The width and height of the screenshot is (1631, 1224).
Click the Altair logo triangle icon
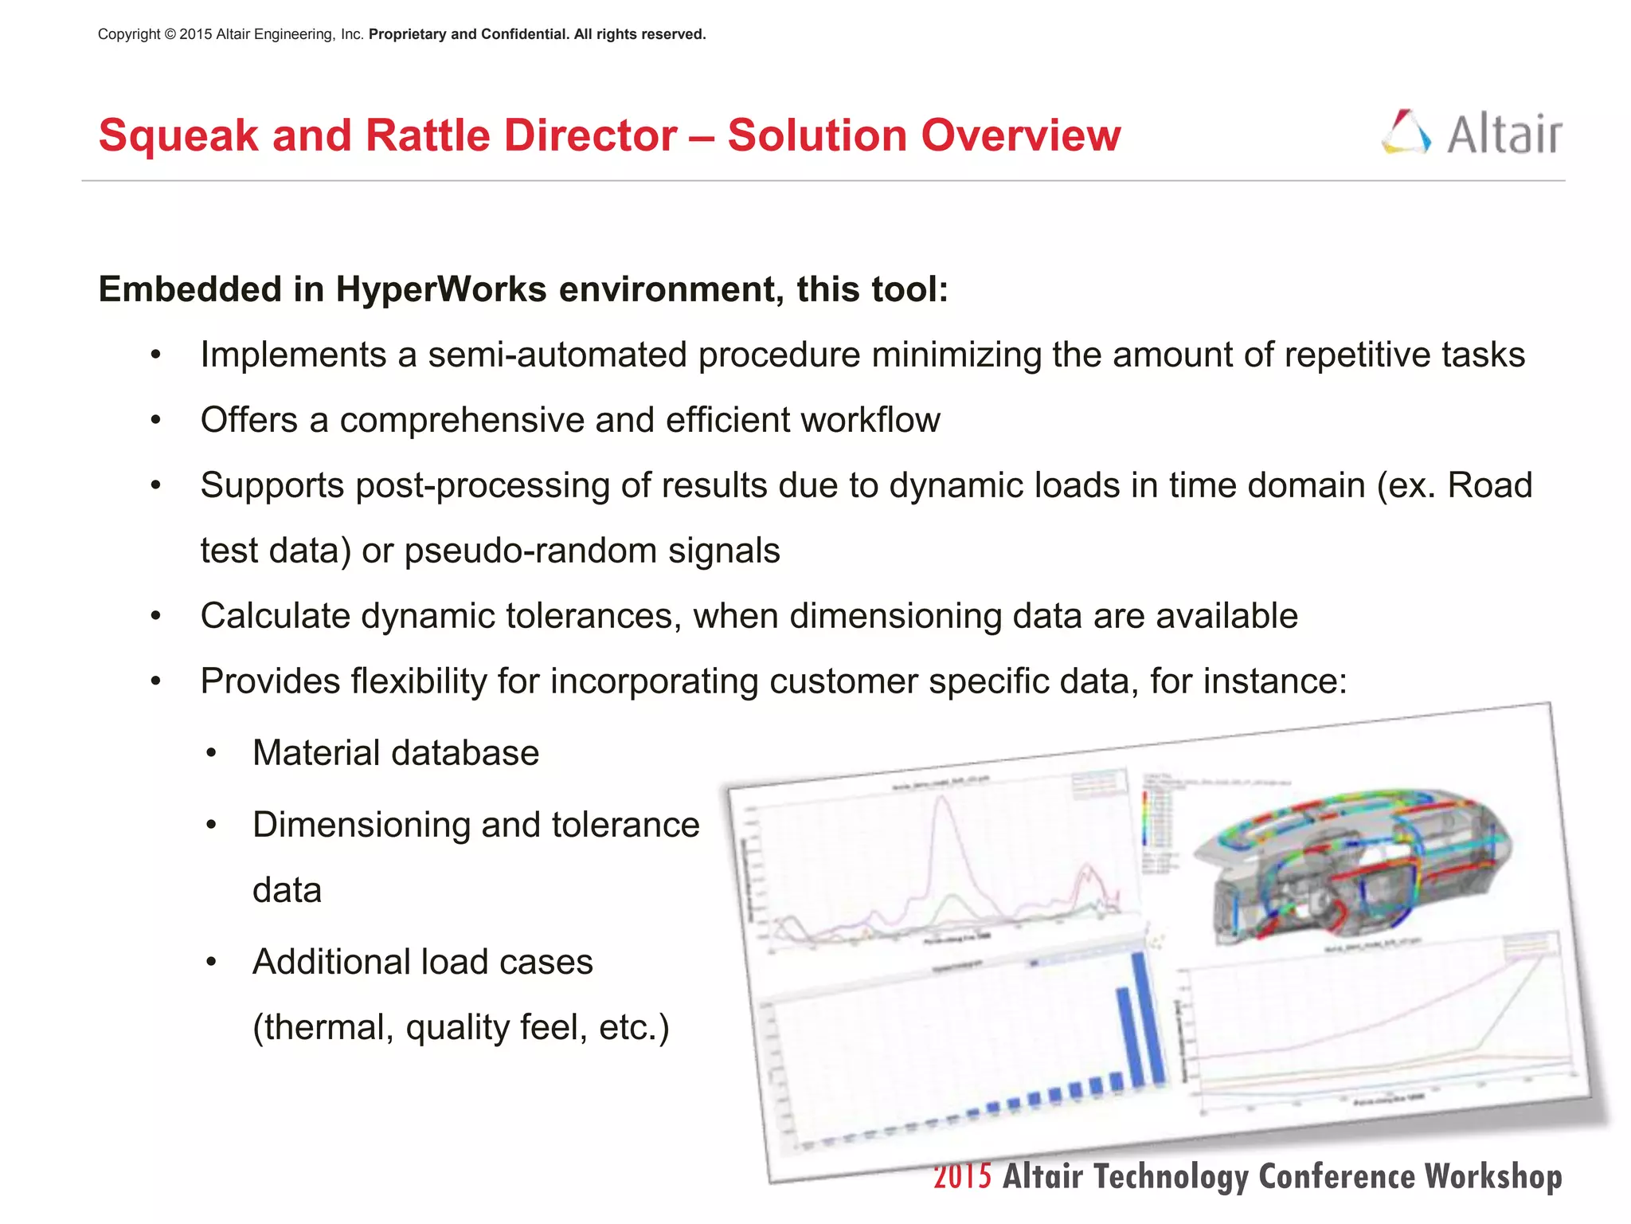pyautogui.click(x=1406, y=132)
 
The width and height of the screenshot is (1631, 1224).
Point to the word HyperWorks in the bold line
pyautogui.click(x=440, y=289)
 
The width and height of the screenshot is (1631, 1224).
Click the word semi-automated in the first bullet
pyautogui.click(x=557, y=355)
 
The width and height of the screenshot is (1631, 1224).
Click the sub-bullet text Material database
pyautogui.click(x=396, y=754)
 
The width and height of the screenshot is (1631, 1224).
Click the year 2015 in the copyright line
pyautogui.click(x=195, y=34)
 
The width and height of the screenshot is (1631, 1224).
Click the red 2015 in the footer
pyautogui.click(x=962, y=1177)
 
